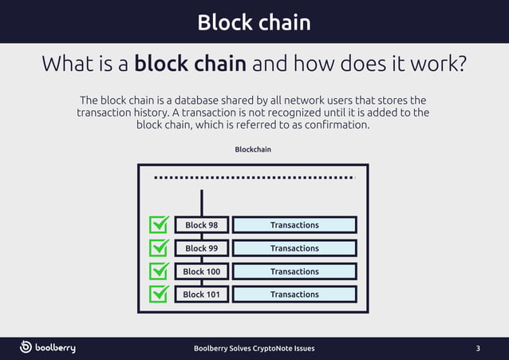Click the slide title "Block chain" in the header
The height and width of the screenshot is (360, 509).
tap(254, 22)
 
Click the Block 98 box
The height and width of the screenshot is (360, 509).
tap(201, 225)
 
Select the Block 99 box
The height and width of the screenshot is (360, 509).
tap(201, 248)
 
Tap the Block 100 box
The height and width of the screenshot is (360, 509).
tap(201, 271)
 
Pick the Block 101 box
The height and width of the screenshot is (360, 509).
tap(201, 295)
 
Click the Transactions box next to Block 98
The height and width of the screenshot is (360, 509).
tap(294, 225)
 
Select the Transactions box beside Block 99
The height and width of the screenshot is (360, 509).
tap(294, 248)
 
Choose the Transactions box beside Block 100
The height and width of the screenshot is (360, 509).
tap(294, 271)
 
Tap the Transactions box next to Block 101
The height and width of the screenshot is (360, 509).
tap(294, 295)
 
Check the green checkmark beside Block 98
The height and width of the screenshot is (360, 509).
tap(160, 224)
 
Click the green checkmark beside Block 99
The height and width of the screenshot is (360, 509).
tap(160, 247)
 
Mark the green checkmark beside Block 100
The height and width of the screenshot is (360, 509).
tap(160, 271)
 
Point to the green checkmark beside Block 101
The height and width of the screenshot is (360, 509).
tap(160, 294)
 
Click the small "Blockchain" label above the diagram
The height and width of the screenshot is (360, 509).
tap(252, 149)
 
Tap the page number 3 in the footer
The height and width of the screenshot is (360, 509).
tap(478, 348)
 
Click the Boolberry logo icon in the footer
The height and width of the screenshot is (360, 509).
tap(26, 347)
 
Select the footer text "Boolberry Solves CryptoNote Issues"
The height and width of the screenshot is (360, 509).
tap(254, 348)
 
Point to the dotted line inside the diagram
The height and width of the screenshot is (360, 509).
tap(254, 177)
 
